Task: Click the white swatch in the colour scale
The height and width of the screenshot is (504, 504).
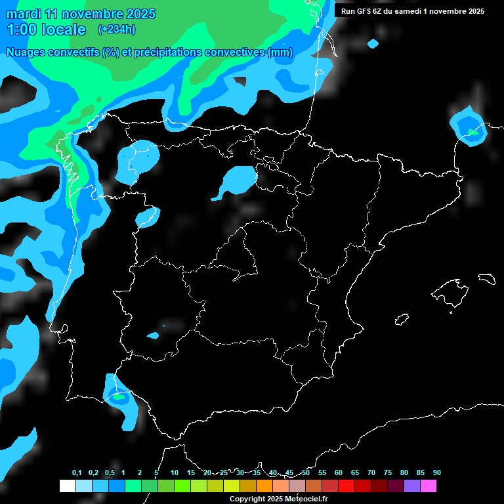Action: point(67,486)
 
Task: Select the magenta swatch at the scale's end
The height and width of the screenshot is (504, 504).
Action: point(429,486)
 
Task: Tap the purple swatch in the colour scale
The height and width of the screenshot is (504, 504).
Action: point(412,486)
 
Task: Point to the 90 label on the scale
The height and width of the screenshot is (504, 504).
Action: point(436,473)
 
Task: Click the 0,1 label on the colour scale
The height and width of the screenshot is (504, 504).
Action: point(77,473)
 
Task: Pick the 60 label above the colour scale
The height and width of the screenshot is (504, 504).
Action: point(338,473)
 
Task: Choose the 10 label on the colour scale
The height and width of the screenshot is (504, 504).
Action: point(174,473)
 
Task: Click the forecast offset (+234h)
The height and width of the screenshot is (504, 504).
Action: point(116,30)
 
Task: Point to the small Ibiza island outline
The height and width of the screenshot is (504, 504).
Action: point(402,320)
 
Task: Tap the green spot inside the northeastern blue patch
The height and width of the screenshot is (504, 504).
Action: point(472,133)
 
